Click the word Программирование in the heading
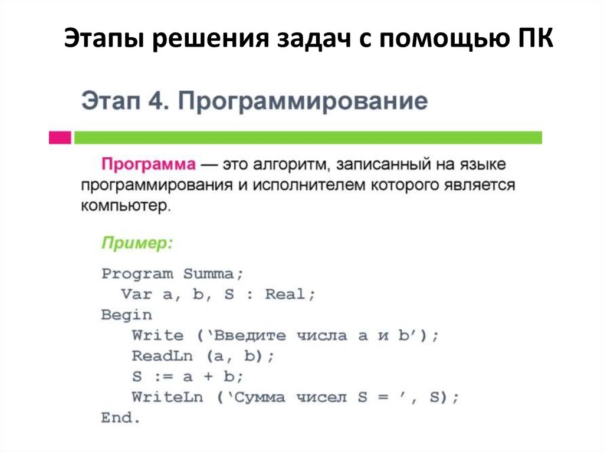[301, 101]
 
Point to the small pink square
[60, 138]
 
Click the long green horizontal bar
[307, 138]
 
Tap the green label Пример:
[137, 243]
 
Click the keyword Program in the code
[137, 274]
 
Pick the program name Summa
[209, 274]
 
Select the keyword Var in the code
[137, 294]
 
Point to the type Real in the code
[285, 294]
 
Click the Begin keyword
[126, 315]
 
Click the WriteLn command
[168, 397]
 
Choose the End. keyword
[121, 418]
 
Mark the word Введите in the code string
[250, 335]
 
